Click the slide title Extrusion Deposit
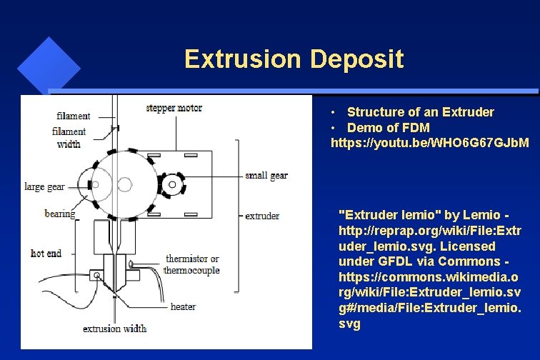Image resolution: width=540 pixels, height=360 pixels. [x=294, y=59]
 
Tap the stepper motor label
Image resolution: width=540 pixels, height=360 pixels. [x=174, y=108]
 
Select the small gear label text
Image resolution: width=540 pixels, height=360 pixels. [x=266, y=176]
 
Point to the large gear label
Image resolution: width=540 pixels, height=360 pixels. [x=44, y=186]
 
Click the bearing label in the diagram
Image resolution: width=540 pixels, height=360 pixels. [x=59, y=214]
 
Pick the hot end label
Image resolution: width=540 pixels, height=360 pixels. [x=46, y=253]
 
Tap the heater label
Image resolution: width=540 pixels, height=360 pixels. [x=183, y=306]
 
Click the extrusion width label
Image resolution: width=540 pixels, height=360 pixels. [x=114, y=329]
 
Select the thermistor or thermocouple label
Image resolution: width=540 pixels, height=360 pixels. [x=191, y=264]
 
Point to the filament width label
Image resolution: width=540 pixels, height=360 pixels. [x=69, y=138]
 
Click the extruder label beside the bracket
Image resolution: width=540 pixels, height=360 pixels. [x=262, y=215]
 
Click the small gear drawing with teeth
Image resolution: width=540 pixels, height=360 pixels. [x=171, y=186]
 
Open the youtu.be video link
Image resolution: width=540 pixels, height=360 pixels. [x=430, y=144]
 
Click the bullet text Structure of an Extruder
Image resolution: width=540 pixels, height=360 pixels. [x=420, y=112]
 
